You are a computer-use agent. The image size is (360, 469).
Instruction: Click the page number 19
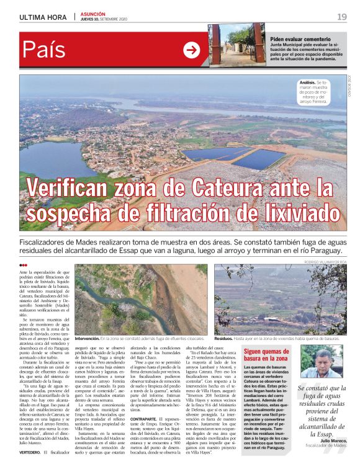tap(342, 17)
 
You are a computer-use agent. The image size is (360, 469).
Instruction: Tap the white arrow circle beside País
tap(192, 50)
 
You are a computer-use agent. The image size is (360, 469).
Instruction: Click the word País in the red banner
tap(43, 50)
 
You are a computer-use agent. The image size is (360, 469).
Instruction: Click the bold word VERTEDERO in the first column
tap(30, 452)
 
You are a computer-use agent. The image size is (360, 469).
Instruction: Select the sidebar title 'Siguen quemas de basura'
tap(266, 355)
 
